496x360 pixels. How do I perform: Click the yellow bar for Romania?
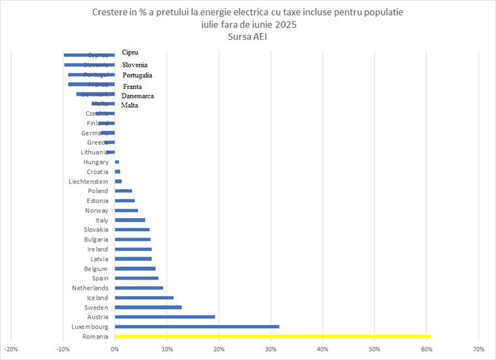(273, 336)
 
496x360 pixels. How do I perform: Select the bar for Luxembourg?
(197, 326)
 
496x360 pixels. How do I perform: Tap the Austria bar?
(165, 317)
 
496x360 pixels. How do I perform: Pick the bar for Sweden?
(148, 307)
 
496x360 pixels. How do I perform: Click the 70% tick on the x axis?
(478, 348)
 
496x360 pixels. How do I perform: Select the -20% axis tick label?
(11, 348)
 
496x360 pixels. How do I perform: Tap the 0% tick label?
(115, 348)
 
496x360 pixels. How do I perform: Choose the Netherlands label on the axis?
(90, 288)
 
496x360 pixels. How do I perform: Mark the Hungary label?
(96, 162)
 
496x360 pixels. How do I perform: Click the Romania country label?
(96, 336)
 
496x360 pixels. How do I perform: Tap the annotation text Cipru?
(130, 52)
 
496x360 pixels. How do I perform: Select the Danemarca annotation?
(138, 96)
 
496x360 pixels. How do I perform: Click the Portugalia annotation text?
(137, 75)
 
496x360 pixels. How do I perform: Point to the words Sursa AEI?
(247, 37)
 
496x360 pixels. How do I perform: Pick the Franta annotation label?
(132, 86)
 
